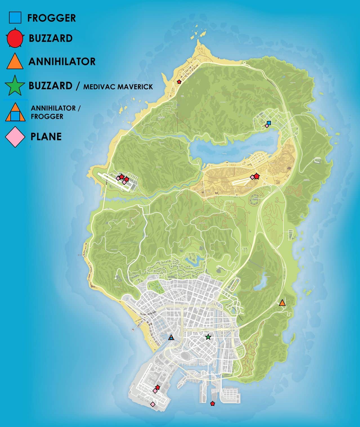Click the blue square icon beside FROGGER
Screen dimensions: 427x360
[15, 17]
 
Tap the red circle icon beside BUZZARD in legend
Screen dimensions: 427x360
[15, 38]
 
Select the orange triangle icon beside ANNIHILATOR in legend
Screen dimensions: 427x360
[15, 62]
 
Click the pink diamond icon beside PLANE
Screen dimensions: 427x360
[15, 137]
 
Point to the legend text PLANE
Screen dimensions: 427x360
[46, 137]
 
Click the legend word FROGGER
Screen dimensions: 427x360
[52, 18]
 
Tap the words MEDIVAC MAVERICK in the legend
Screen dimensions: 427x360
[118, 86]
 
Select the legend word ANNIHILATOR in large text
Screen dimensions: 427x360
[62, 62]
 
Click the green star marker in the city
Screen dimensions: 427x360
[208, 337]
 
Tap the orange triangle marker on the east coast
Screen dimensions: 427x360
[282, 303]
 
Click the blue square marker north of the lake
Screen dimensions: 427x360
[269, 123]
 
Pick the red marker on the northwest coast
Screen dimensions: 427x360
[179, 82]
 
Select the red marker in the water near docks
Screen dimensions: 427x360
[213, 404]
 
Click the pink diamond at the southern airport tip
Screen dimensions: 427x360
[153, 404]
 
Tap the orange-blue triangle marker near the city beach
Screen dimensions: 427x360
[171, 337]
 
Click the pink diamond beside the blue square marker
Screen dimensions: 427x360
[266, 126]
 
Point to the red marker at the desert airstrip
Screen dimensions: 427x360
[256, 176]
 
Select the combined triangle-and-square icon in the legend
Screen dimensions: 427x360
[15, 112]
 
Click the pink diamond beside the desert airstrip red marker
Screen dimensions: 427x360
[252, 177]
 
